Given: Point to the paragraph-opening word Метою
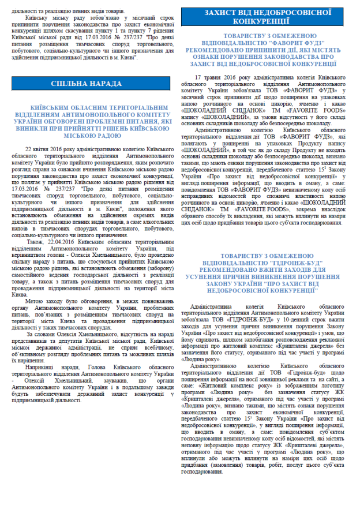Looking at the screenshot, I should (36, 301).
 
